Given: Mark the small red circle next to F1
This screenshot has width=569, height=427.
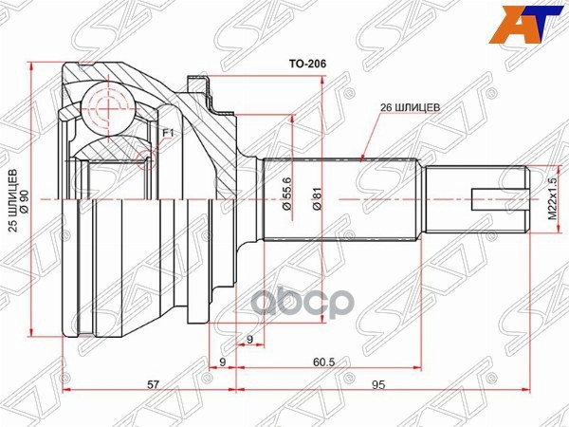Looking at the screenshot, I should coord(145,156).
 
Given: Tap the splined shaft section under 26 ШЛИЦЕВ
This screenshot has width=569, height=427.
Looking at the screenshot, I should coord(341,200).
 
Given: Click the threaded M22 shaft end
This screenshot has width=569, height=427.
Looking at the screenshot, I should coord(474,200).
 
